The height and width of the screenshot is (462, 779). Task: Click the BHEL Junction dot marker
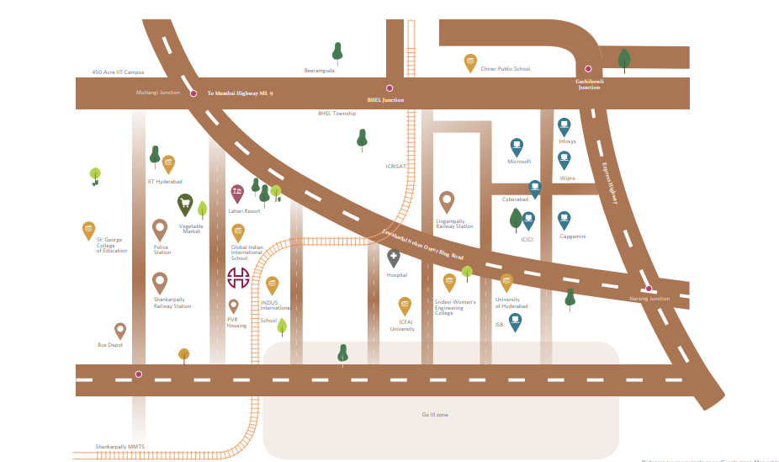(x=389, y=88)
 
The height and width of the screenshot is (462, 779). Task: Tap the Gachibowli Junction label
(x=588, y=84)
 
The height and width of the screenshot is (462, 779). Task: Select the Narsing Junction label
(x=649, y=299)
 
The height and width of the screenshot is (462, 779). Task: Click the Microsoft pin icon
(x=517, y=146)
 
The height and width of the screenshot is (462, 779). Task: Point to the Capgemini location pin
(x=564, y=220)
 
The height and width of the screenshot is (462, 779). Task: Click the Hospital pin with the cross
(x=394, y=258)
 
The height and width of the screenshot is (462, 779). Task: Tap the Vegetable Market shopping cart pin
(x=185, y=204)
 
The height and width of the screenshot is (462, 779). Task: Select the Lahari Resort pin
(x=237, y=194)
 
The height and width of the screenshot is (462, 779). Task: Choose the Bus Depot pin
(x=120, y=331)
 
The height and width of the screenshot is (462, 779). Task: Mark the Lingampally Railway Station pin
(x=447, y=202)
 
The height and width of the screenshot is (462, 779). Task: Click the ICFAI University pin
(x=405, y=306)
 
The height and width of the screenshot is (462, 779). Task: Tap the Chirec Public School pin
(x=470, y=62)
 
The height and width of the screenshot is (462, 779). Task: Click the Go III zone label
(x=435, y=415)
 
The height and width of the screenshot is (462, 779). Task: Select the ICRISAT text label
(x=395, y=167)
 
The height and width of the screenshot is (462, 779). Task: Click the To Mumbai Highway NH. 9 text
(x=240, y=93)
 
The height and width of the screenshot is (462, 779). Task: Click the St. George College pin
(x=88, y=231)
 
